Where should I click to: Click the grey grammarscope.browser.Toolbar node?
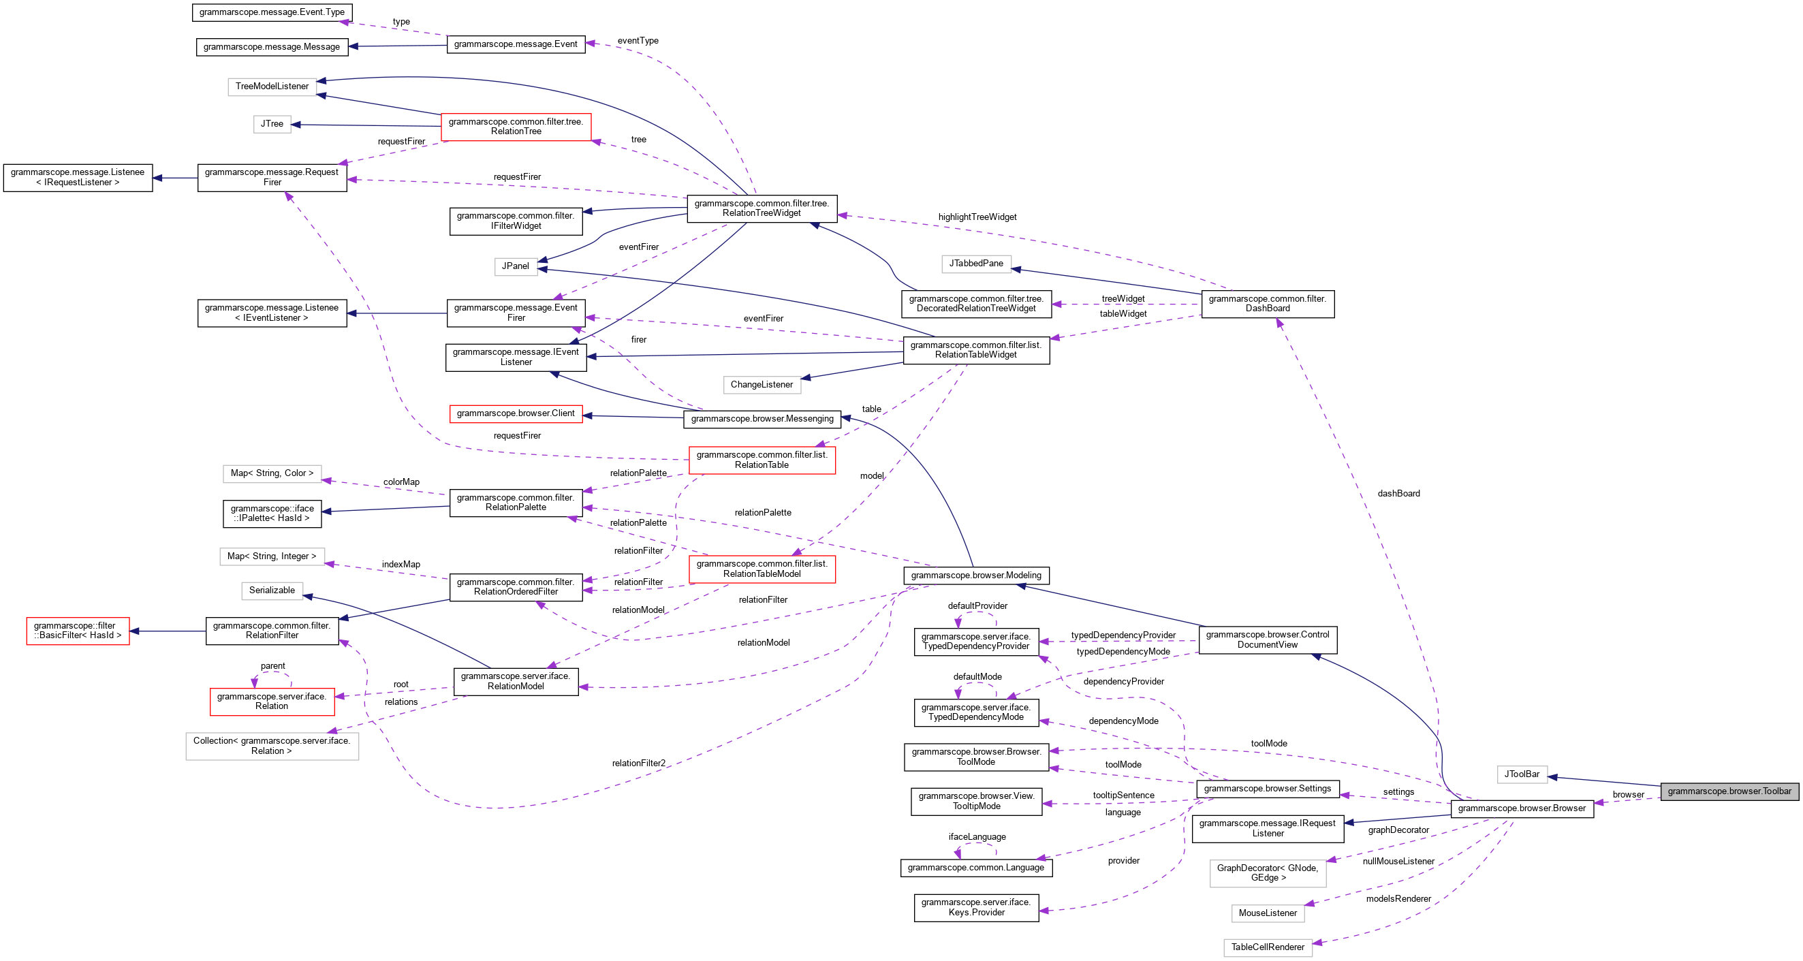click(1729, 791)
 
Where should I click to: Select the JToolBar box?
click(1522, 774)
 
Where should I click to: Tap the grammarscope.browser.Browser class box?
click(1522, 808)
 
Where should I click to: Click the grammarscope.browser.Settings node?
click(1267, 789)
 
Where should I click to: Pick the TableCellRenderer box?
click(1268, 947)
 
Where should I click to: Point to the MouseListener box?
click(1268, 913)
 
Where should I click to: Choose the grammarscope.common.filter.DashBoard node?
click(1267, 304)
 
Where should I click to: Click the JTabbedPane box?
click(975, 264)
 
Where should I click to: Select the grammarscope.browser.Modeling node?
click(975, 576)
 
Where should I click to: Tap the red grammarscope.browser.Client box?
click(515, 413)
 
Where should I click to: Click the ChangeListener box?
click(762, 385)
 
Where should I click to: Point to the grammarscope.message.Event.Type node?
click(272, 12)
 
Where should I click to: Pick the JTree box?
click(272, 124)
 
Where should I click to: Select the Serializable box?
click(272, 590)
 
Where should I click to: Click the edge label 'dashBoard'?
click(1398, 494)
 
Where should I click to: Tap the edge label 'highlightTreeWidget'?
click(977, 217)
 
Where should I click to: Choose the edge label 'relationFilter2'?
click(638, 763)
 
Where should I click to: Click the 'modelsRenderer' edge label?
click(1398, 899)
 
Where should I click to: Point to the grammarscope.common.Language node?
click(975, 868)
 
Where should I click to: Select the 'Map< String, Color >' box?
click(272, 474)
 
